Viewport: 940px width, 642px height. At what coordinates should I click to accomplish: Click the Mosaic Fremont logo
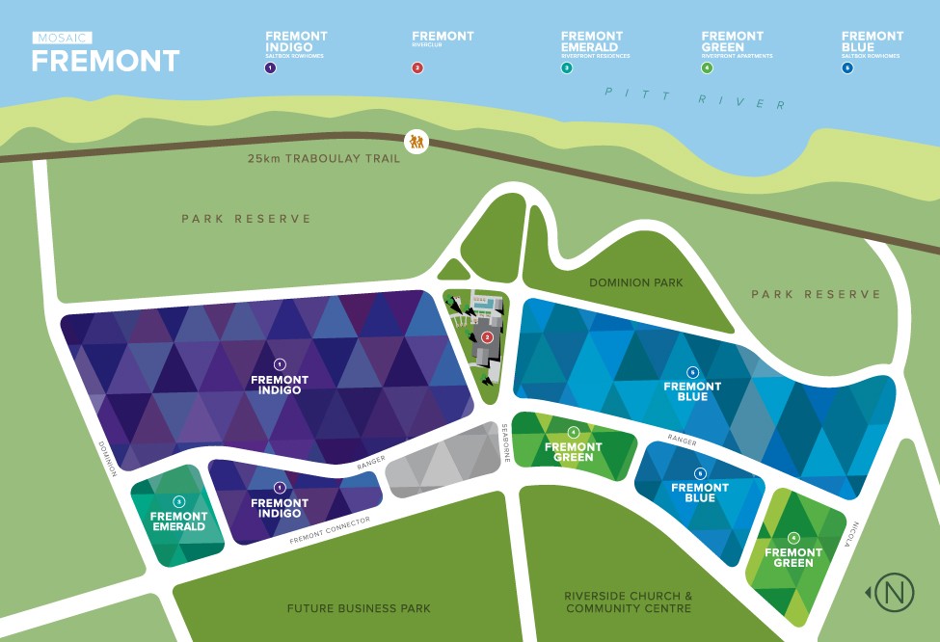(105, 53)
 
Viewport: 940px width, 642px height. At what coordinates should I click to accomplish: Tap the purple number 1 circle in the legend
(271, 68)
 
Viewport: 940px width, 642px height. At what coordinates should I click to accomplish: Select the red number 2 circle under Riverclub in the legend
(416, 67)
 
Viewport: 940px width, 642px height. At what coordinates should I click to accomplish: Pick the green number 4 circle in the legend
(707, 68)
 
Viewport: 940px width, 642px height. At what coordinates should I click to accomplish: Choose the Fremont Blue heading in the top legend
(873, 41)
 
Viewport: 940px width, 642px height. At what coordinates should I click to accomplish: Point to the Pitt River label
(694, 97)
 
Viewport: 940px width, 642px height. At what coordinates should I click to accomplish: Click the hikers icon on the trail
(416, 142)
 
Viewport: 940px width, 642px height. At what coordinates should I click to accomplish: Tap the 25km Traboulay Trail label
(320, 158)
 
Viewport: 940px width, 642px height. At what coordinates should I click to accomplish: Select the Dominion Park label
(635, 282)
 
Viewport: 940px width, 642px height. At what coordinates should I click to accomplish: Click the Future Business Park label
(341, 608)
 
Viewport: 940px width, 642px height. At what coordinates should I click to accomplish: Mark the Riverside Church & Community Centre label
(628, 602)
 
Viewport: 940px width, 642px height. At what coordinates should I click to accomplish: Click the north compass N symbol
(894, 593)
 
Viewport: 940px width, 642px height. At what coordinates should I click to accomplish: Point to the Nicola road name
(850, 534)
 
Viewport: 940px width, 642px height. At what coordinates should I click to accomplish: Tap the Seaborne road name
(506, 443)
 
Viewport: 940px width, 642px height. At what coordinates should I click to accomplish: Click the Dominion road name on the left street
(107, 459)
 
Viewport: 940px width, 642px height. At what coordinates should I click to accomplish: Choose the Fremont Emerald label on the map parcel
(178, 522)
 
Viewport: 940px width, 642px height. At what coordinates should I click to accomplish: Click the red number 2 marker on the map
(487, 336)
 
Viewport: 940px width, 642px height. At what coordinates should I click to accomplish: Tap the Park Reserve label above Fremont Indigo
(246, 219)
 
